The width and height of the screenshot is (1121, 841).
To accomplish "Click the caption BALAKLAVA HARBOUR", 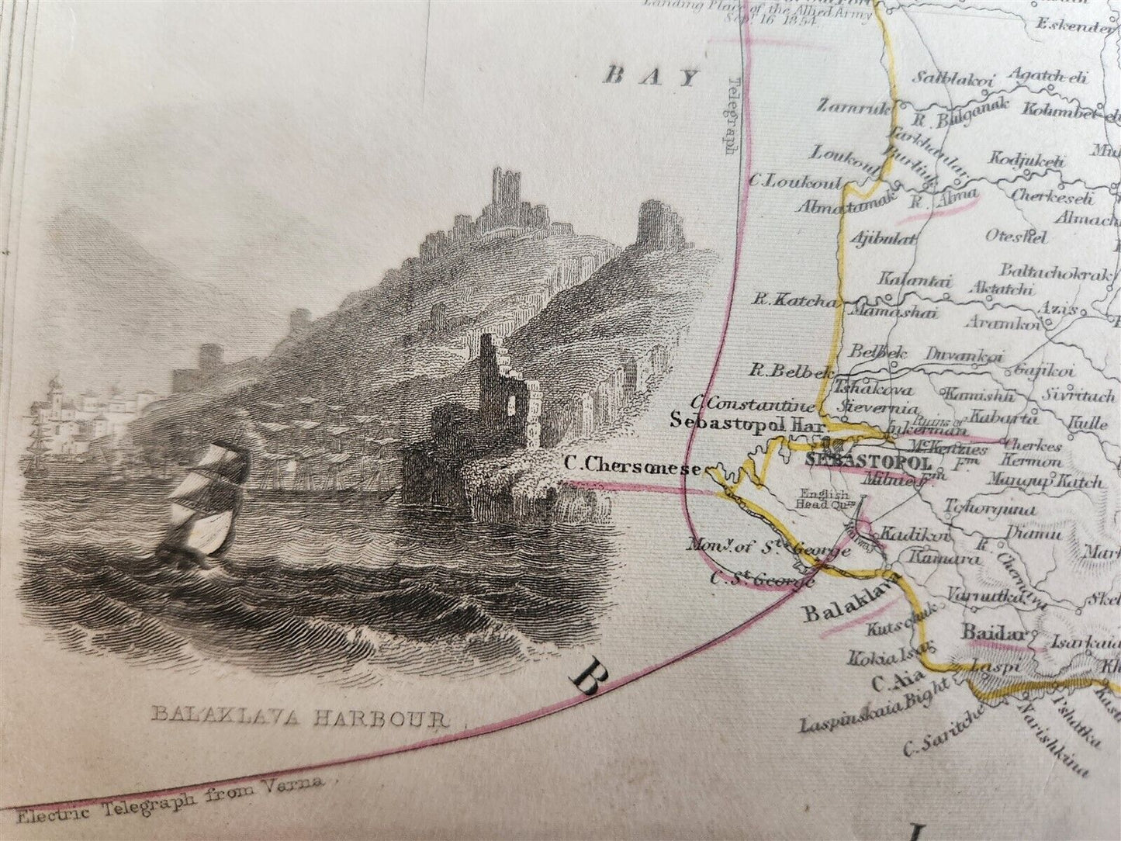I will click(299, 716).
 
